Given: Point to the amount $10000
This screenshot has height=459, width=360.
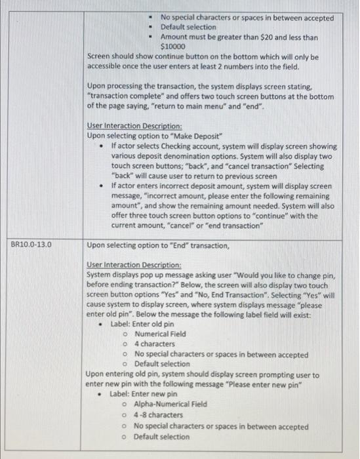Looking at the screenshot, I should pyautogui.click(x=173, y=47).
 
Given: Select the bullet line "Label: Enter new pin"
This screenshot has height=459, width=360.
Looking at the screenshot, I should pyautogui.click(x=143, y=394).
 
